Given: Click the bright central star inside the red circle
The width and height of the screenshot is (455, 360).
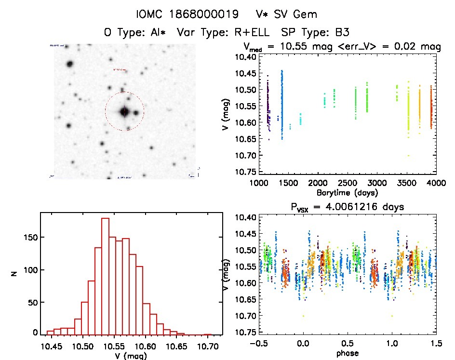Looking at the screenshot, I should coord(124,111).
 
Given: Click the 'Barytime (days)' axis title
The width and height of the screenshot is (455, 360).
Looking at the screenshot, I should coord(347,193).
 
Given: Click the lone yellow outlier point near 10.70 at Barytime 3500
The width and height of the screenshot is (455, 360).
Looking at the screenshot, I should coord(408,156).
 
